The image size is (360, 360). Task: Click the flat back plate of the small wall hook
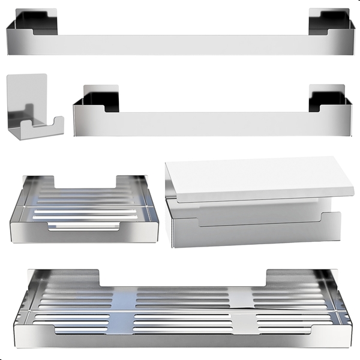coord(27,90)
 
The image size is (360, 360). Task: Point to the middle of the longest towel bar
coord(180,44)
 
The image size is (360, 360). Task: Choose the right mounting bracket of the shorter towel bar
coord(328,97)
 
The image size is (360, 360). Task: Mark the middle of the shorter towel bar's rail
coord(210,123)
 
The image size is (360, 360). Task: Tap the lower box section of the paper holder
coord(252,225)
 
